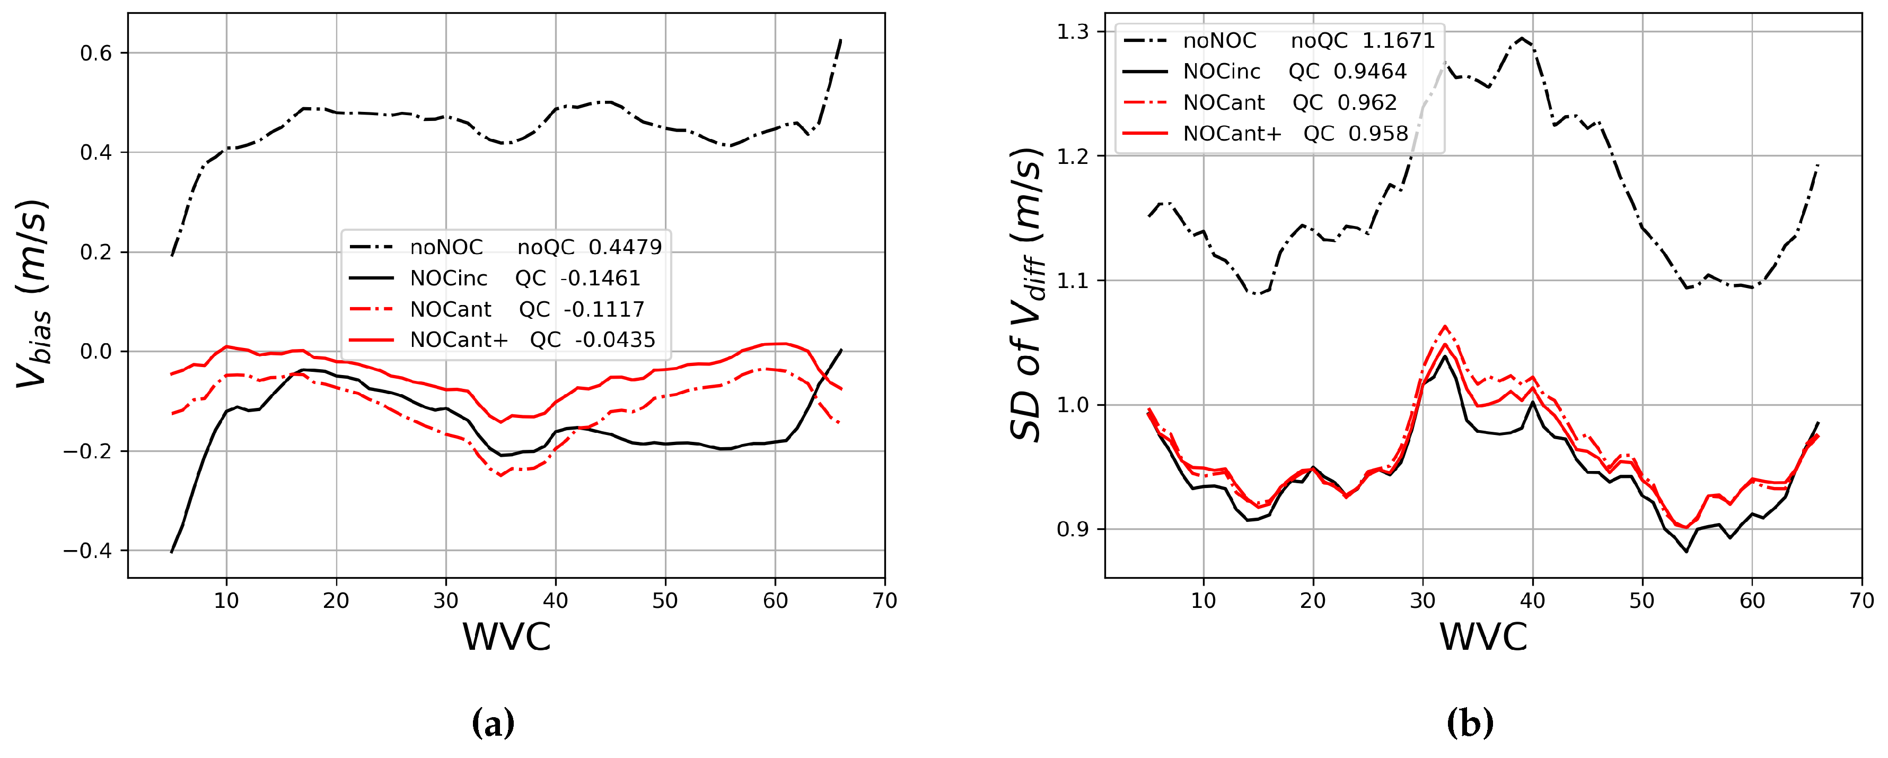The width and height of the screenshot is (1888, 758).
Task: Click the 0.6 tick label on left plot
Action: tap(95, 54)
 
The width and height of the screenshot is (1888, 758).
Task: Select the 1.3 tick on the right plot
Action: tap(1072, 31)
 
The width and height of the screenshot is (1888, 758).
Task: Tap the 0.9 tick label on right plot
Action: tap(1072, 529)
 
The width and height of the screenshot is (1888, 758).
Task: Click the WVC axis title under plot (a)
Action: tap(506, 637)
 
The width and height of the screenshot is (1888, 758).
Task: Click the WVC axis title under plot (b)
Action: tap(1483, 637)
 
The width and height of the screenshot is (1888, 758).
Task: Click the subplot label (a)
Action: tap(493, 723)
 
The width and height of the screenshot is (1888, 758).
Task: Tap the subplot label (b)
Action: tap(1470, 723)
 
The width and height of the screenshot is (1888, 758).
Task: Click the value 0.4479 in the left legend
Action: tap(625, 247)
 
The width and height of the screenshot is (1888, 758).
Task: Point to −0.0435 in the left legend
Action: tap(615, 339)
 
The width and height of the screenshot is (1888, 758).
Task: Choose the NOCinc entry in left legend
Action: tap(449, 278)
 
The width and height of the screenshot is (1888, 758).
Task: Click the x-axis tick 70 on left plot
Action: tap(885, 601)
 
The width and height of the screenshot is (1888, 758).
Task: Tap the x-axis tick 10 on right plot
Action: tap(1204, 601)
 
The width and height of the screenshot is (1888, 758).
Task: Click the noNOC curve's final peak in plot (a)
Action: tap(841, 40)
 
